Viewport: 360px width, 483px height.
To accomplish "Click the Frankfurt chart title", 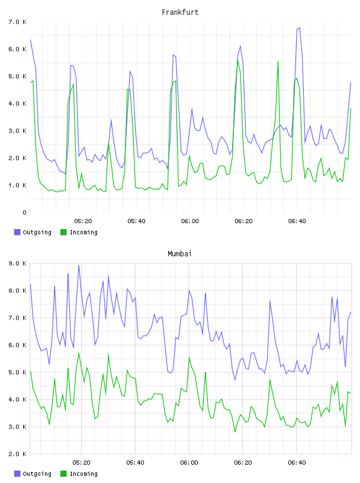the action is (180, 12).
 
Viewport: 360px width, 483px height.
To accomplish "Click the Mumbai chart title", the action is (179, 254).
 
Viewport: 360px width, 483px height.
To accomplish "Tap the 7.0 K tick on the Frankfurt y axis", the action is (17, 22).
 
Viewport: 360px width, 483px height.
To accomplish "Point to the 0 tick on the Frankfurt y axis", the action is (24, 212).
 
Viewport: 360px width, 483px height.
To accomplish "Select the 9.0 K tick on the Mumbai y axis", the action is (17, 263).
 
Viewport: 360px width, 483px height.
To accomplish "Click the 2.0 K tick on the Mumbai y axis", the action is (17, 454).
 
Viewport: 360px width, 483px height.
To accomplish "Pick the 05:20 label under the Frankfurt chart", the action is (83, 221).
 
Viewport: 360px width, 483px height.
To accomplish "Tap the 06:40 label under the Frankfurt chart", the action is (297, 221).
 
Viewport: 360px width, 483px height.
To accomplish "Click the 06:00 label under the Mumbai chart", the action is (189, 463).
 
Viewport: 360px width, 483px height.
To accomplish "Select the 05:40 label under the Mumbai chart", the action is (136, 463).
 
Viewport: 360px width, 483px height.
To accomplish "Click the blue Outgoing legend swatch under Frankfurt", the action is (17, 232).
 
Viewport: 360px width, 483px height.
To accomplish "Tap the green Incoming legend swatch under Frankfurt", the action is (63, 232).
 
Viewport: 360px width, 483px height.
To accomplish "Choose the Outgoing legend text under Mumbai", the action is (37, 474).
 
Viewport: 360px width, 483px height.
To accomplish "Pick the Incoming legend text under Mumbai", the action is (83, 474).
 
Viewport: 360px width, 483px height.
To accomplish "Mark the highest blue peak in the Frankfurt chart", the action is (299, 28).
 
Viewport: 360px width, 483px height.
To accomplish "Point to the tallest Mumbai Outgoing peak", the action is (79, 266).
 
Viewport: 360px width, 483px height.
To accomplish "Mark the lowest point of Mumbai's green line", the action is (235, 432).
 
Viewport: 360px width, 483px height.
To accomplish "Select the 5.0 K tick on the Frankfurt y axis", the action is (17, 76).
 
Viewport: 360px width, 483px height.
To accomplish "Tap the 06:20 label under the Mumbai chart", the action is (243, 463).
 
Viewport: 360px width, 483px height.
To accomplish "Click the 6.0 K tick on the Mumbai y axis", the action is (17, 345).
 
